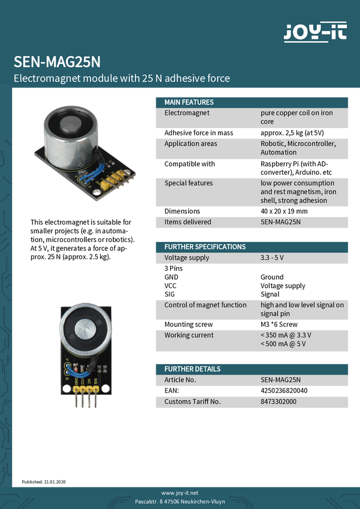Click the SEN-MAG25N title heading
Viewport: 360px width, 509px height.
click(57, 62)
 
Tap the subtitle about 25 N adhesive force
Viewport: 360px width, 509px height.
click(122, 78)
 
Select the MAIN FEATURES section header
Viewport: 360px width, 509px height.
click(189, 102)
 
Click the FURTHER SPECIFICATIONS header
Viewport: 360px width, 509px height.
click(205, 246)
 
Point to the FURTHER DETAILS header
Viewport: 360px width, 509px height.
click(192, 369)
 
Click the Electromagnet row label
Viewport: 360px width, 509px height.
click(187, 113)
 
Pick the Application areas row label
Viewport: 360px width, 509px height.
click(190, 144)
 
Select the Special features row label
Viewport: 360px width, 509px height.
click(189, 183)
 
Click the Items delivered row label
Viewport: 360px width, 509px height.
click(187, 222)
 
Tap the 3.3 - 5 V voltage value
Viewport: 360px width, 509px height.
click(272, 257)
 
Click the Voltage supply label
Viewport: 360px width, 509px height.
click(187, 257)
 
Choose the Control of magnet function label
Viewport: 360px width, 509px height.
click(205, 305)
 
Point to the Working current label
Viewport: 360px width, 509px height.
click(189, 335)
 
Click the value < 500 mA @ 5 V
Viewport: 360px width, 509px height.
click(283, 344)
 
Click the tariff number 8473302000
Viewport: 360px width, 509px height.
click(279, 401)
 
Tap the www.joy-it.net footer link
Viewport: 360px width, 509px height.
click(180, 492)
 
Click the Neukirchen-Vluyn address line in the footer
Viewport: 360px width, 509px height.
click(180, 501)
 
